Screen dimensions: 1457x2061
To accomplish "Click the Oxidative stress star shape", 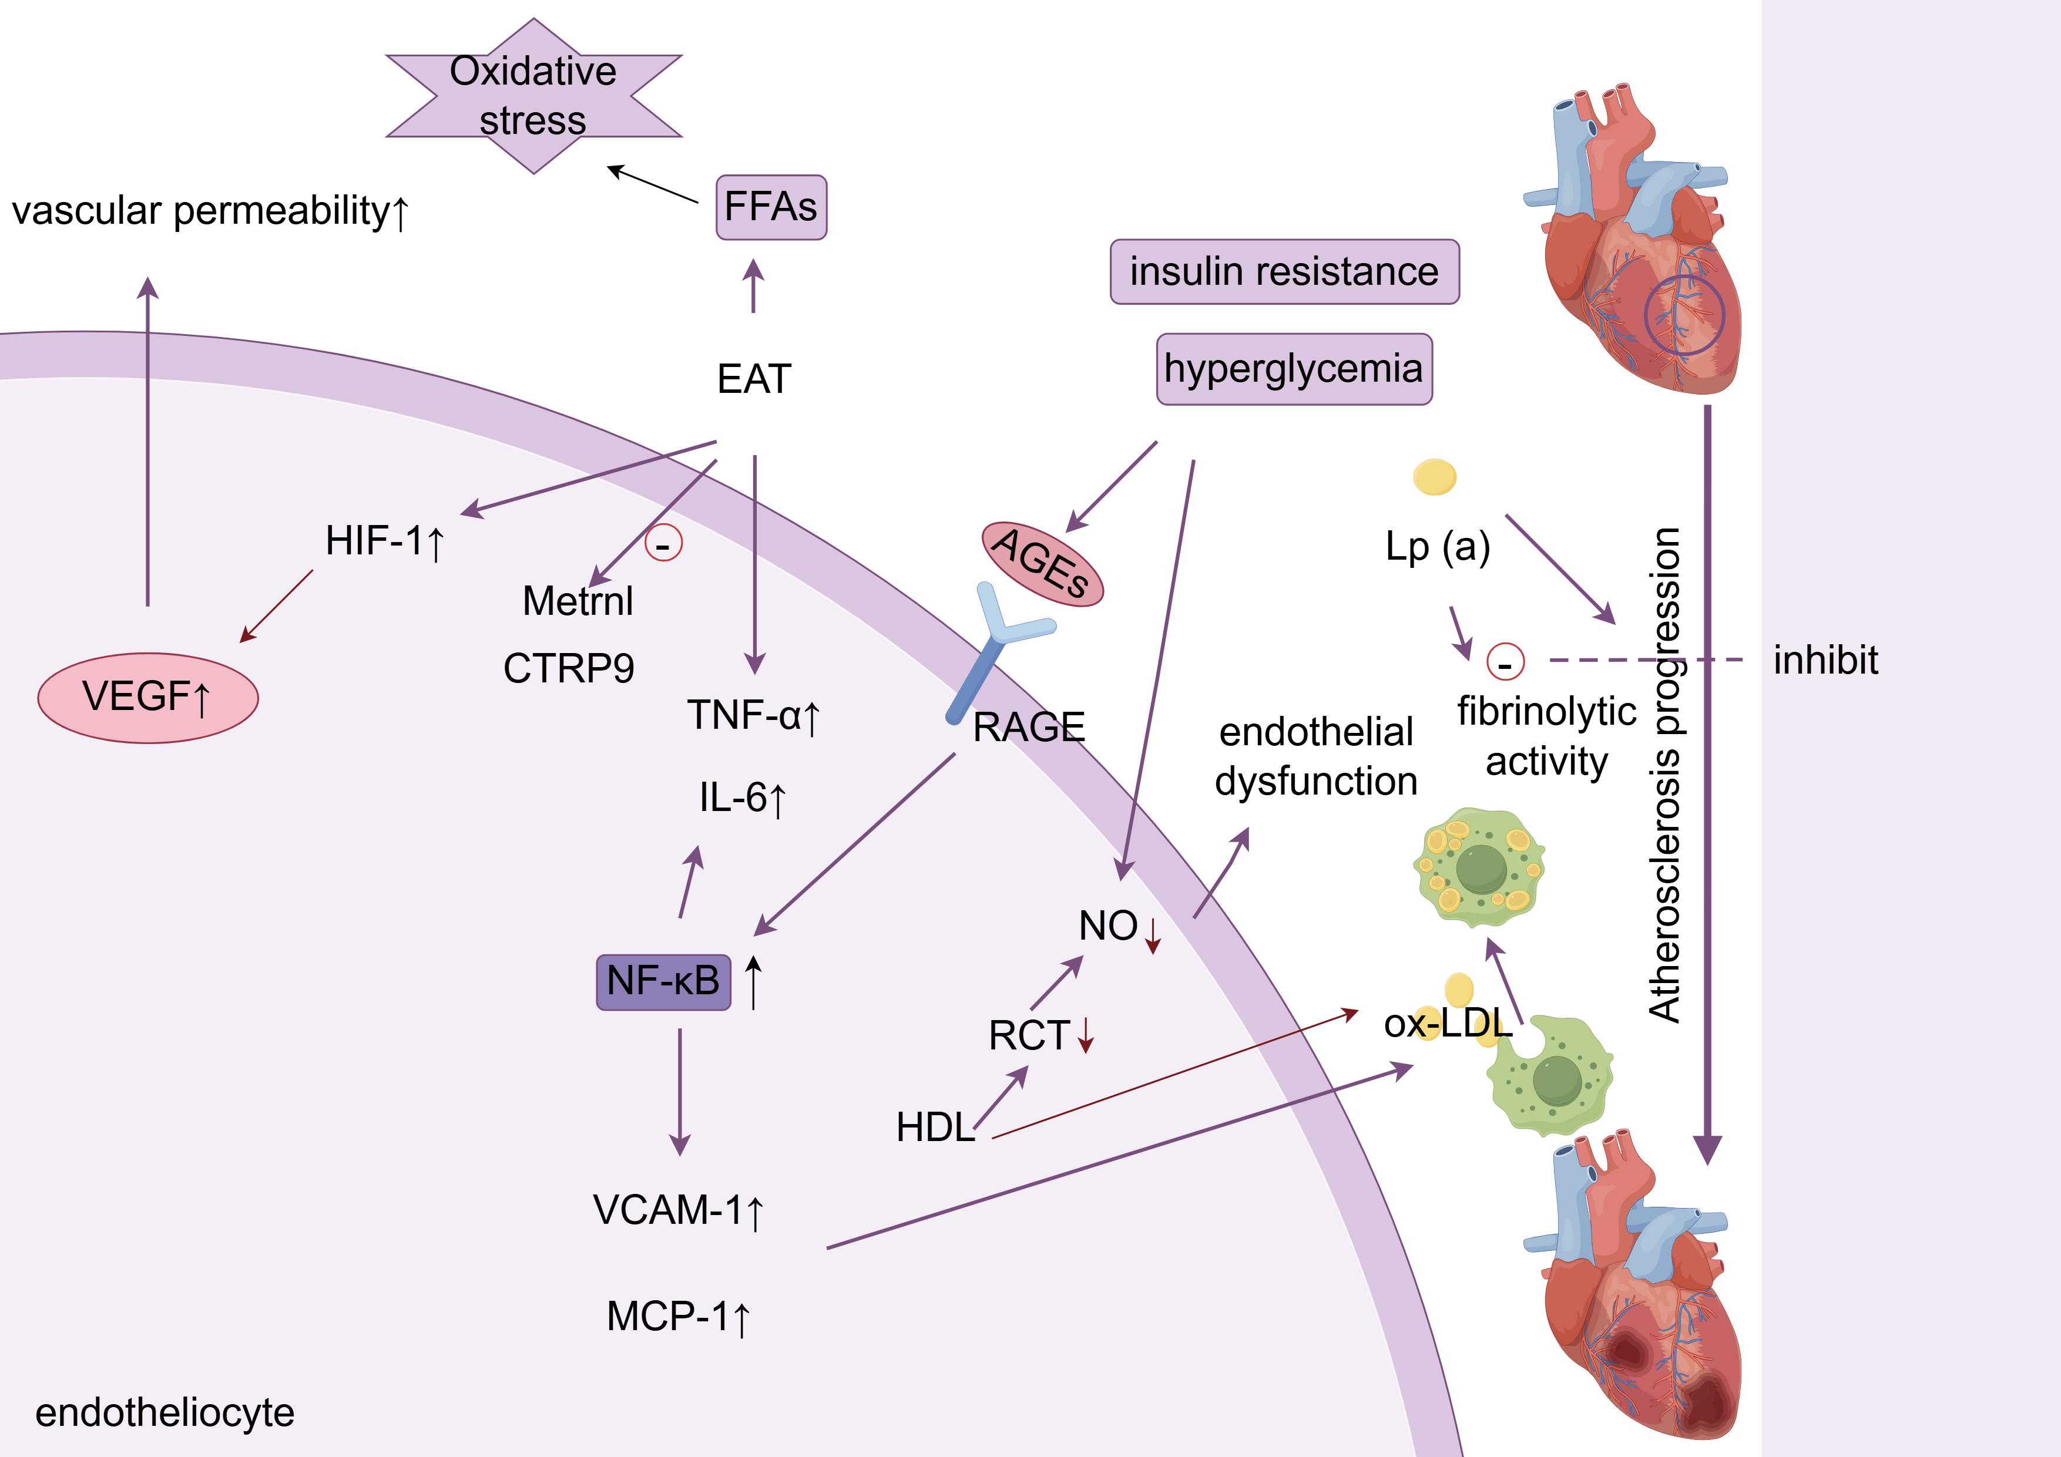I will pyautogui.click(x=533, y=95).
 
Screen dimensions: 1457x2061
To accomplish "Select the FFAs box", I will pyautogui.click(x=770, y=207).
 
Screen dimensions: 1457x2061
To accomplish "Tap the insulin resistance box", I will pyautogui.click(x=1284, y=271).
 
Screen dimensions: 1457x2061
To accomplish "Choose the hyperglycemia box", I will pyautogui.click(x=1294, y=369).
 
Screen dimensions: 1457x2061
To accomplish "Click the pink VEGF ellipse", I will pyautogui.click(x=148, y=697).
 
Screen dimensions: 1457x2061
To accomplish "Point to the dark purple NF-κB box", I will pyautogui.click(x=663, y=981).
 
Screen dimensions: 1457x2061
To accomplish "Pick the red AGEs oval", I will pyautogui.click(x=1042, y=563).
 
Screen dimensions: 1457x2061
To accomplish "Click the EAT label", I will pyautogui.click(x=754, y=379).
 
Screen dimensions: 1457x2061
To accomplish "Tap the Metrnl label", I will pyautogui.click(x=577, y=601).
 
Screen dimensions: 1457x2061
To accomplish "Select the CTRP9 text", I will pyautogui.click(x=568, y=668).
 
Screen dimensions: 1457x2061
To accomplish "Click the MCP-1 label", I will pyautogui.click(x=678, y=1317).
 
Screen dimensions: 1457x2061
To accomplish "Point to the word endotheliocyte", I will pyautogui.click(x=165, y=1412).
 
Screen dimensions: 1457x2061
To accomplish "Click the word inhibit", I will pyautogui.click(x=1825, y=660).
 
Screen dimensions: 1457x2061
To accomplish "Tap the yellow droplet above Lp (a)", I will pyautogui.click(x=1435, y=476).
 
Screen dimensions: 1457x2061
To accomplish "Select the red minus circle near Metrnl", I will pyautogui.click(x=663, y=543).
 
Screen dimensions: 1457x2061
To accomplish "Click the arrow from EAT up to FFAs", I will pyautogui.click(x=754, y=285).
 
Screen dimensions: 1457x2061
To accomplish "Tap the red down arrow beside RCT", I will pyautogui.click(x=1086, y=1034).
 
